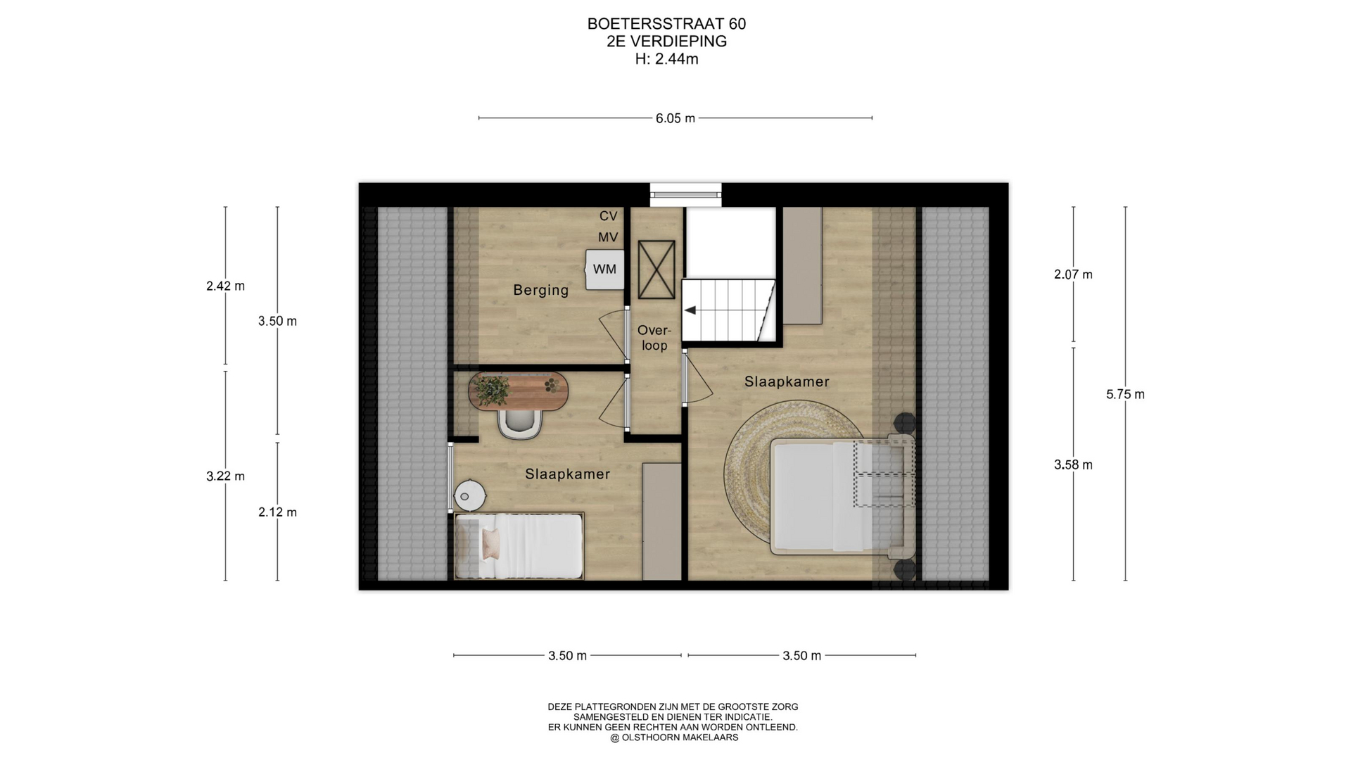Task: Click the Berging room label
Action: tap(540, 290)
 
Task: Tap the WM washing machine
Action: tap(605, 269)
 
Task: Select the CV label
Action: tap(608, 216)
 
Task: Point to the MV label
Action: tap(608, 238)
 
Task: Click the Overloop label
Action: tap(654, 338)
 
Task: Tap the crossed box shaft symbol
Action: tap(657, 270)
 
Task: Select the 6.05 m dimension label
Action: tap(675, 118)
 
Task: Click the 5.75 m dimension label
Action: tap(1125, 394)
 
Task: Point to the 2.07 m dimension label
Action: tap(1073, 274)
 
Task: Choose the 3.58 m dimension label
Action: tap(1073, 464)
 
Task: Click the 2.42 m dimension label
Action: tap(225, 286)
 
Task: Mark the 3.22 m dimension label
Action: tap(225, 476)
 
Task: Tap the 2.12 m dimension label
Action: tap(277, 512)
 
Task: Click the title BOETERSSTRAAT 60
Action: tap(666, 24)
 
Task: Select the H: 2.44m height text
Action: tap(666, 59)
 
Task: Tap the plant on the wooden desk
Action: tap(491, 390)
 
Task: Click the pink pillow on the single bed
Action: tap(490, 544)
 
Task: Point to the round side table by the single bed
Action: tap(469, 495)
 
